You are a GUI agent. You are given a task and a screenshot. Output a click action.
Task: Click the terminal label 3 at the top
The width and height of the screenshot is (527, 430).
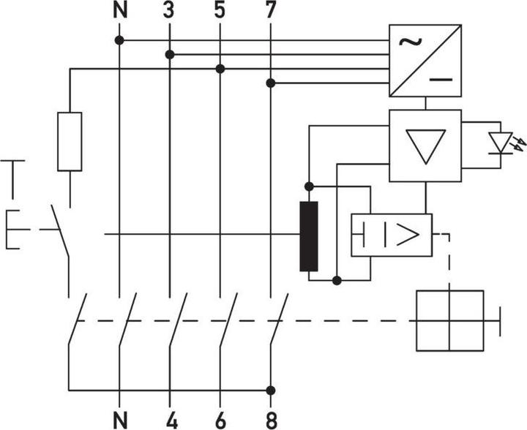click(x=169, y=11)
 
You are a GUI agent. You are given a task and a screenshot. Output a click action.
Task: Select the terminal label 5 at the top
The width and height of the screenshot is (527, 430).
click(x=220, y=11)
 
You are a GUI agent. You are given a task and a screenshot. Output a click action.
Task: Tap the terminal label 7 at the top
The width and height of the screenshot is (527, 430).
click(x=271, y=11)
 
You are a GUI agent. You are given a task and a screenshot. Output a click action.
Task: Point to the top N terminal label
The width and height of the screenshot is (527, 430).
click(x=119, y=11)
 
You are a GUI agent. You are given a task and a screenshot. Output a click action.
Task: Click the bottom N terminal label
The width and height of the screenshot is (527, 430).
click(x=119, y=419)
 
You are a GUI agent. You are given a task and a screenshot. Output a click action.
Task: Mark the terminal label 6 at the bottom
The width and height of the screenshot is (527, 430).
click(x=220, y=419)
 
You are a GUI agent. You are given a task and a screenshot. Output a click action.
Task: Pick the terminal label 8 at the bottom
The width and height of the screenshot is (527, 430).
click(x=271, y=419)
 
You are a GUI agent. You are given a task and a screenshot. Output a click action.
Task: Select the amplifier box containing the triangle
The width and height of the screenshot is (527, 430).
click(x=425, y=146)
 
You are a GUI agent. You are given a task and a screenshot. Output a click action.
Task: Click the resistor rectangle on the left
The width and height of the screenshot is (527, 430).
click(x=70, y=142)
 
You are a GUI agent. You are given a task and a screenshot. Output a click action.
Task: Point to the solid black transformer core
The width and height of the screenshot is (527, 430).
click(x=308, y=236)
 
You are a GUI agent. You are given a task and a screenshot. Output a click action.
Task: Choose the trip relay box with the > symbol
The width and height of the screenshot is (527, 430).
click(x=392, y=235)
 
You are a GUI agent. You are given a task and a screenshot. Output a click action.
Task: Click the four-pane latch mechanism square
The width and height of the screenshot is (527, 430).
click(x=449, y=320)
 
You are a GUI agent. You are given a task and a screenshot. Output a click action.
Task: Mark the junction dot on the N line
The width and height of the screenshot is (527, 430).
click(x=119, y=40)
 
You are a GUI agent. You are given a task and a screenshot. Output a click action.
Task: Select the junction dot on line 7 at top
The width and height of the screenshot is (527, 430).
click(x=271, y=83)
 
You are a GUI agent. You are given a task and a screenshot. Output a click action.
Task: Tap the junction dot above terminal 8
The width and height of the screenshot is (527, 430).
click(x=271, y=391)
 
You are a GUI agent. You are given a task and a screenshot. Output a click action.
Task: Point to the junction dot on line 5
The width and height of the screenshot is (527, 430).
click(x=220, y=69)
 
